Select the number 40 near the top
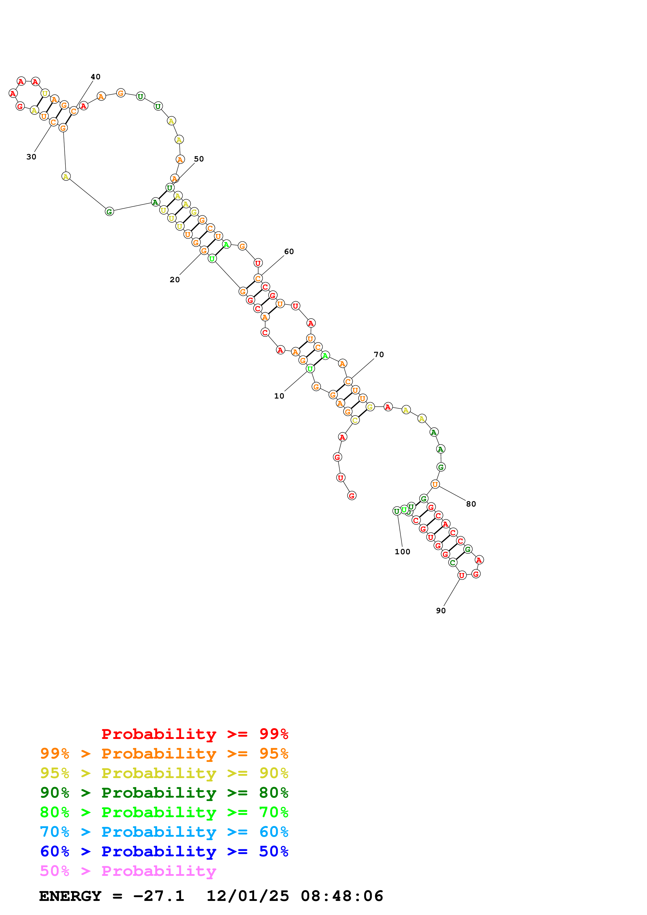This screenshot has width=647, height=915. pyautogui.click(x=96, y=76)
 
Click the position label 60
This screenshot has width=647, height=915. pyautogui.click(x=289, y=251)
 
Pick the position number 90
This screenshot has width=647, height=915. pyautogui.click(x=441, y=611)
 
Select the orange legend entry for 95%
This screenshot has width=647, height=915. pyautogui.click(x=164, y=753)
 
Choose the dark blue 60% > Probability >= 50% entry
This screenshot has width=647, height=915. pyautogui.click(x=164, y=851)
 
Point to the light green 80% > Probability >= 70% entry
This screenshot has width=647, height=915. pyautogui.click(x=164, y=812)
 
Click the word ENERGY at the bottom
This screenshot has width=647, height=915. pyautogui.click(x=70, y=896)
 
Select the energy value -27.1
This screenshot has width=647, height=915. pyautogui.click(x=159, y=896)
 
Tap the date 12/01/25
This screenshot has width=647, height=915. pyautogui.click(x=248, y=896)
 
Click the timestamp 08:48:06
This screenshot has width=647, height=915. pyautogui.click(x=342, y=896)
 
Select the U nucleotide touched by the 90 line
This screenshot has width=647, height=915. pyautogui.click(x=462, y=575)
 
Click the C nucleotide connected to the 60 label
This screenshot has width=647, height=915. pyautogui.click(x=258, y=278)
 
